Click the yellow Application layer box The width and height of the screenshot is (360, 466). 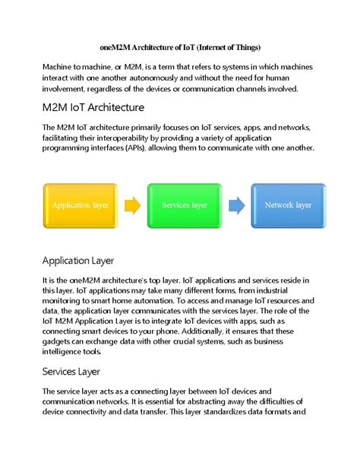(x=81, y=205)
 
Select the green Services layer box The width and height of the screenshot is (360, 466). (x=185, y=205)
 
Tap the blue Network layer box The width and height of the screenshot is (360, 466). (x=288, y=205)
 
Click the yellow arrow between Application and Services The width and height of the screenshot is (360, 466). (x=132, y=205)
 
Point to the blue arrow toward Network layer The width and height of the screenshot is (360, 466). (x=236, y=205)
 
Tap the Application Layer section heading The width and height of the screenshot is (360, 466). (x=89, y=261)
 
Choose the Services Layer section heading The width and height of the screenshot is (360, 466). (x=81, y=372)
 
